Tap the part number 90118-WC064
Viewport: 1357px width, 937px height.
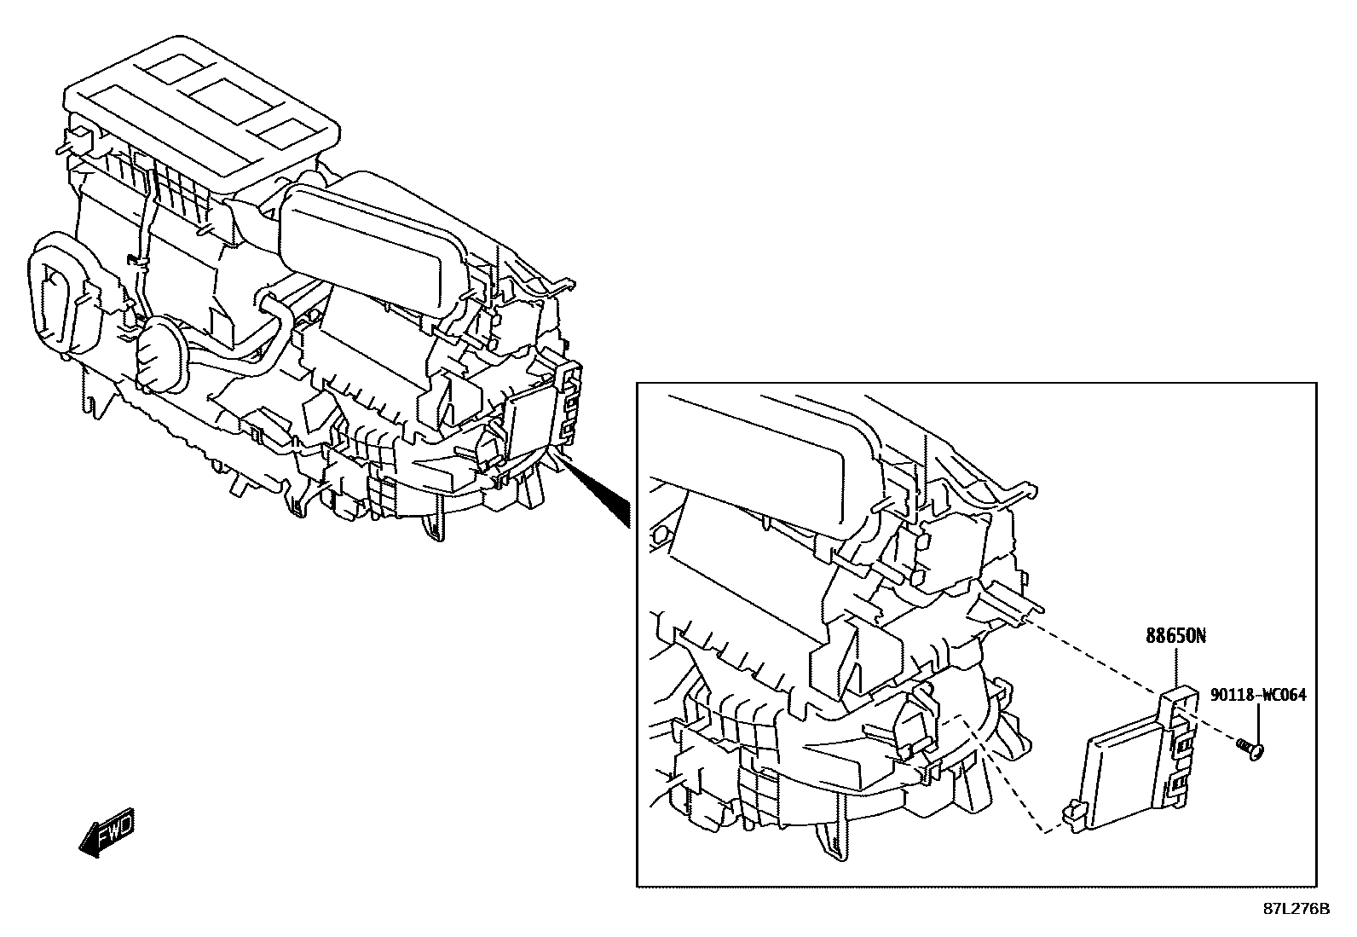(1257, 695)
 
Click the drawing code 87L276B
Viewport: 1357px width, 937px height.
(1296, 909)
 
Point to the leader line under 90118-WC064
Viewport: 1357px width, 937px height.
(1258, 722)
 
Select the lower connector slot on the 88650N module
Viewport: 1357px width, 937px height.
(1181, 783)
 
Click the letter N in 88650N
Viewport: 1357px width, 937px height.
(1200, 636)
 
